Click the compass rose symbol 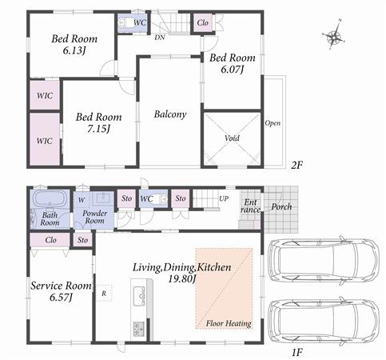pos(333,36)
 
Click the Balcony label pos(169,114)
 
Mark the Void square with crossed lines pos(232,138)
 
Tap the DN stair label pos(160,37)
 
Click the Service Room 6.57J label pos(62,291)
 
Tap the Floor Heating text pos(229,323)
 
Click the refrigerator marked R pos(105,294)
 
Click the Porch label pos(281,206)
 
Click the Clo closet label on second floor pos(203,23)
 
